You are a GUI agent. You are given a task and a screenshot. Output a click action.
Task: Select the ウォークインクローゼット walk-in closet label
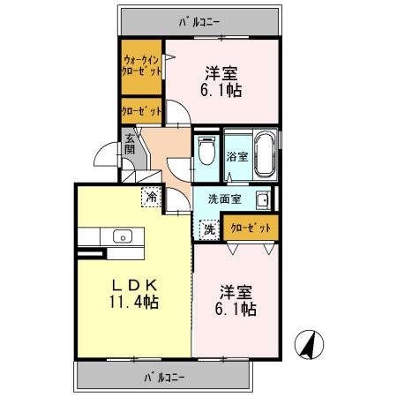pos(142,66)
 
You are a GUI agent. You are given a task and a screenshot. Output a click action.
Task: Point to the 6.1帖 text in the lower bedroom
pos(236,310)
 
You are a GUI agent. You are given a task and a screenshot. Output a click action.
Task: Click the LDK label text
pos(133,284)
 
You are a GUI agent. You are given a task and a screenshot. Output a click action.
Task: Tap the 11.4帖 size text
pos(133,303)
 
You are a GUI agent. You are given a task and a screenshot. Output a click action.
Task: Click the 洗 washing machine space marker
pos(208,228)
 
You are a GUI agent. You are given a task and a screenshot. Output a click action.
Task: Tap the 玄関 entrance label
pos(129,145)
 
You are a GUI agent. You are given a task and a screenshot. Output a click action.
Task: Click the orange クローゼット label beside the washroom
pos(251,228)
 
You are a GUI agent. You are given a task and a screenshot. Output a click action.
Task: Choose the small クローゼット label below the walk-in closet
pos(142,112)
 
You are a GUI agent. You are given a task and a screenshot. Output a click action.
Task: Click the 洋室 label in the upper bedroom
pos(224,72)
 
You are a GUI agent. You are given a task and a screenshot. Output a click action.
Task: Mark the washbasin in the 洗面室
pos(262,199)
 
